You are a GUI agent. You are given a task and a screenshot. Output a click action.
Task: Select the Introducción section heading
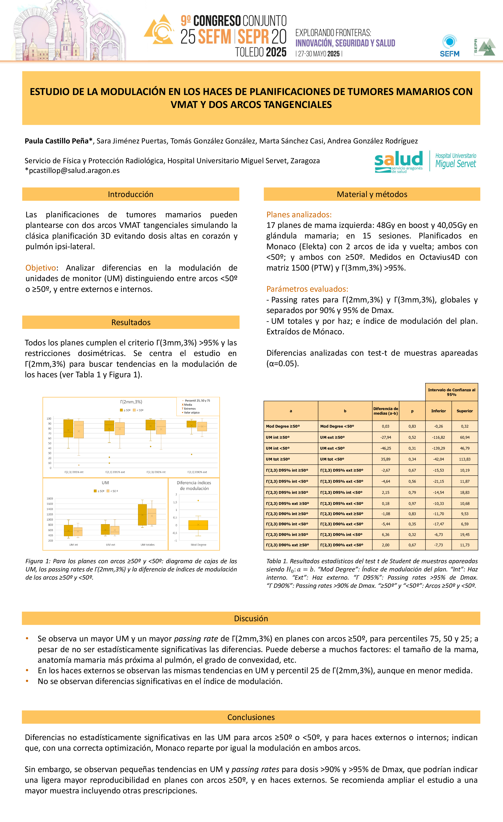(131, 194)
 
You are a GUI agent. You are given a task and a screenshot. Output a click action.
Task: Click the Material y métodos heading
(372, 194)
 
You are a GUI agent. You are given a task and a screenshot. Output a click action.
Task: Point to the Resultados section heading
(131, 322)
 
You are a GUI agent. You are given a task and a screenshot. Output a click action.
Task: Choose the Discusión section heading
(251, 618)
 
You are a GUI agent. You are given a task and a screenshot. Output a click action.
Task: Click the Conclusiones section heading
(251, 717)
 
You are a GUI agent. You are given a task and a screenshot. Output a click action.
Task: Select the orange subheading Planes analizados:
(299, 215)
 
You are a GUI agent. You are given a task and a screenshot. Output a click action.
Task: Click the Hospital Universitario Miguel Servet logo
(456, 161)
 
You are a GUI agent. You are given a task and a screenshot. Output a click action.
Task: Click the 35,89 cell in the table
(385, 459)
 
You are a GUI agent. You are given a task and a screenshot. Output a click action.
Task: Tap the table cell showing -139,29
(438, 448)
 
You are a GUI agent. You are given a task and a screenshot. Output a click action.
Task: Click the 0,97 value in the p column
(412, 503)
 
